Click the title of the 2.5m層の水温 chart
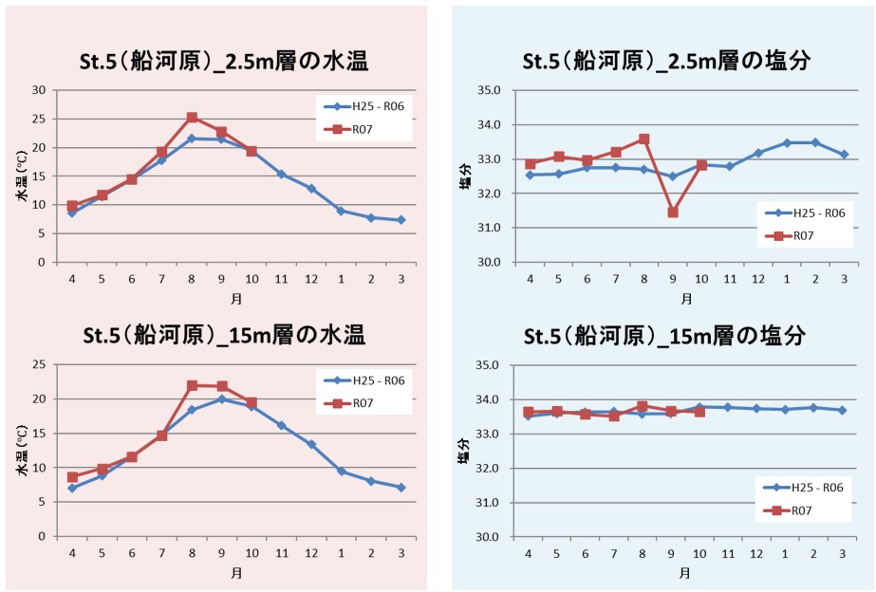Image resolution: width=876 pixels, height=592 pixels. coord(224,63)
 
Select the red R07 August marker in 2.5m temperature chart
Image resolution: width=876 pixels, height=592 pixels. coord(192,118)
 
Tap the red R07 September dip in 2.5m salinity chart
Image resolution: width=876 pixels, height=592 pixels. coord(673,213)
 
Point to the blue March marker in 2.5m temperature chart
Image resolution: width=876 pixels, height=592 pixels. coord(402,220)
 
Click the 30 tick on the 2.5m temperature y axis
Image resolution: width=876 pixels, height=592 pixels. coord(40,90)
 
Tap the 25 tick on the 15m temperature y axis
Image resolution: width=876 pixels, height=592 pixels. coord(40,365)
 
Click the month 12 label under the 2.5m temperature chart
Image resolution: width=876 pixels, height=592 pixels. coord(310,279)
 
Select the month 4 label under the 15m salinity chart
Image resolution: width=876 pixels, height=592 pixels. coord(529,554)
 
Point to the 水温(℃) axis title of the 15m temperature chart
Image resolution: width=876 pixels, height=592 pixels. coord(18,451)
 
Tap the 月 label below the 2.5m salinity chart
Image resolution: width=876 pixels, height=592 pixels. coord(686,298)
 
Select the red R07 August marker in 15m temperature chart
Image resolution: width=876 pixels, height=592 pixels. coord(192,385)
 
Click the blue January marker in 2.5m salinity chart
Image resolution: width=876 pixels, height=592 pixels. coord(787,143)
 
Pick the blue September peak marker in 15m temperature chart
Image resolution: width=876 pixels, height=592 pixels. coord(221,399)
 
